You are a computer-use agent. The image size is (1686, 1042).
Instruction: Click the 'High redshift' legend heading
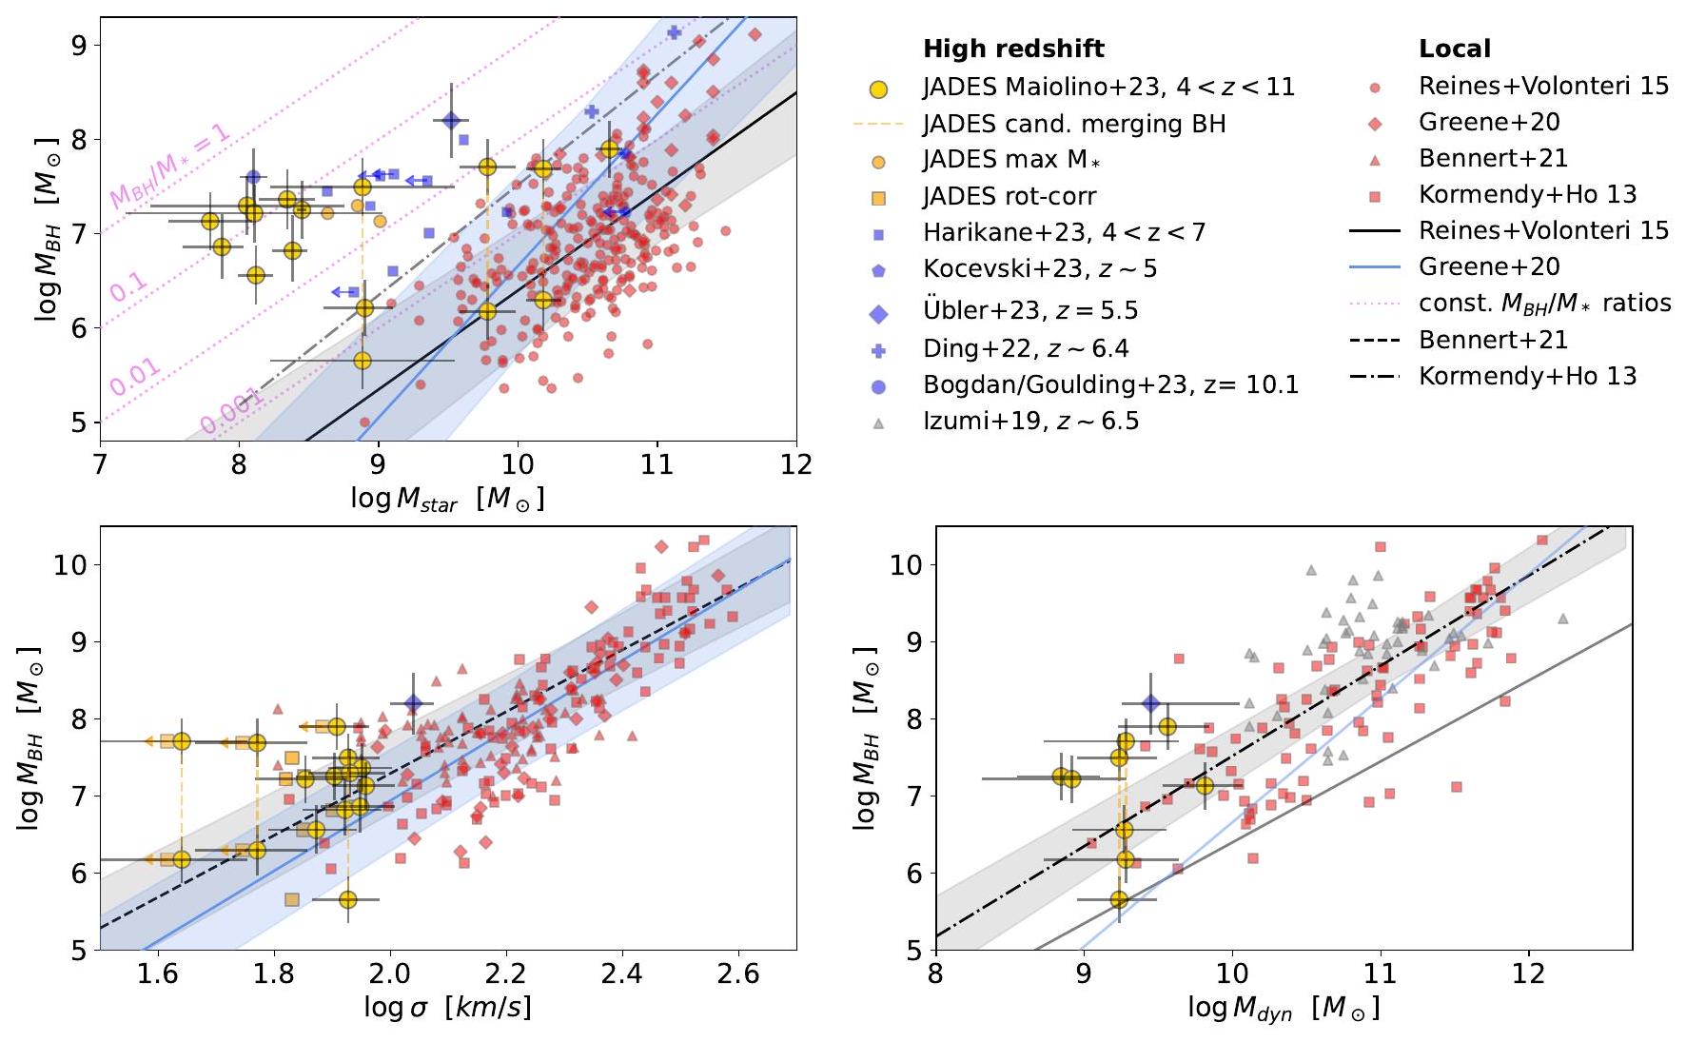pos(1013,49)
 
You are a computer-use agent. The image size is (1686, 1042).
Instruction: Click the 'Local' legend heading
pos(1455,49)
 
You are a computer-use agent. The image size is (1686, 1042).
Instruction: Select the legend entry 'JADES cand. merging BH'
pos(1073,124)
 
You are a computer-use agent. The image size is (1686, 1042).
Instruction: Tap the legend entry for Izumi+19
pos(1030,422)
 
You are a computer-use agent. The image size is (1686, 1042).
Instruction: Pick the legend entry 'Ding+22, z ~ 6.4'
pos(1026,349)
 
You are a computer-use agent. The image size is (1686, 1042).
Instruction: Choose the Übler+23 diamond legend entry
pos(1030,311)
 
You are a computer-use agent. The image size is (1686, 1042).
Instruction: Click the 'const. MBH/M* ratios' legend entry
pos(1544,304)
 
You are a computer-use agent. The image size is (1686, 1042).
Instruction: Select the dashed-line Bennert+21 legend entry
pos(1493,340)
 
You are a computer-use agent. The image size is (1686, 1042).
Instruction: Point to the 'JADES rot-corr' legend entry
pos(1010,197)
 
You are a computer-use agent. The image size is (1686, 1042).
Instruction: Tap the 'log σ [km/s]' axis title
pos(447,1008)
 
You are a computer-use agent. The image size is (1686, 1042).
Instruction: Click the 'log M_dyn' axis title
pos(1284,1008)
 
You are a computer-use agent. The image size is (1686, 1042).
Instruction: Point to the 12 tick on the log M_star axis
pos(796,463)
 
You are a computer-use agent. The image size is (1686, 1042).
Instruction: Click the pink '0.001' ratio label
pos(231,411)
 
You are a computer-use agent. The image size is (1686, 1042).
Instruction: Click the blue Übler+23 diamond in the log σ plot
pos(413,704)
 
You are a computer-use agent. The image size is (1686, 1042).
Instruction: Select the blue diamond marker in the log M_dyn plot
pos(1151,704)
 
